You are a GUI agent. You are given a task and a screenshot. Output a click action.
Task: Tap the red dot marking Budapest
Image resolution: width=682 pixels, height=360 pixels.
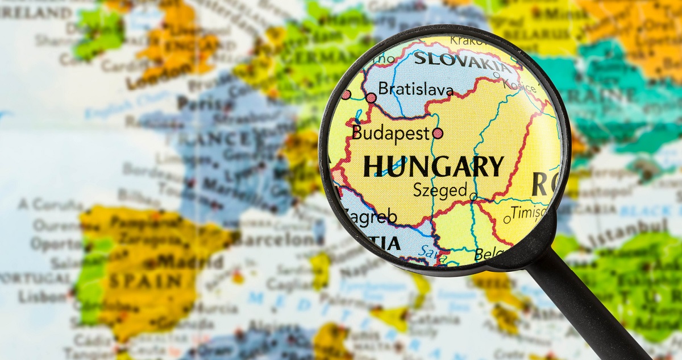point(438,133)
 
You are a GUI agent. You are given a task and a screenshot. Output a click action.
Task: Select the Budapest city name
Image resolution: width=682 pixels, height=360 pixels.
point(390,133)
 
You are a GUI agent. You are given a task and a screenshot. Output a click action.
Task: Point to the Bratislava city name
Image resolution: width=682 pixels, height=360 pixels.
point(416,89)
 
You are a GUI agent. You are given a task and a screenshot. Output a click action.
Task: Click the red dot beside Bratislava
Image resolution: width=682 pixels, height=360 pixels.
point(371,98)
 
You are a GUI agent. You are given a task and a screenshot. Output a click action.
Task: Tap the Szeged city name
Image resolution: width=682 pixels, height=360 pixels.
point(440,190)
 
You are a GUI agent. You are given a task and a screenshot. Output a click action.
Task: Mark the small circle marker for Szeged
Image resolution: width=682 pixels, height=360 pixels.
point(473,197)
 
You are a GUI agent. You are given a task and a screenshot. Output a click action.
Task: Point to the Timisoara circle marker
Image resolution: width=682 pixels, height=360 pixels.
point(506,219)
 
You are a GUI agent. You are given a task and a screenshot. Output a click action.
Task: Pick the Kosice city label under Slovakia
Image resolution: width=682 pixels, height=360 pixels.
point(518,86)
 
